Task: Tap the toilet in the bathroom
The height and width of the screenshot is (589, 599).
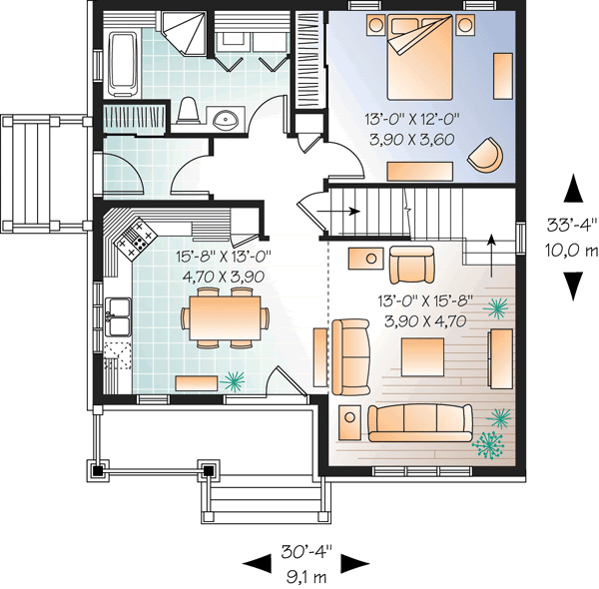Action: tap(187, 112)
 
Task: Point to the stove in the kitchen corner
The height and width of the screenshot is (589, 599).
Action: tap(135, 237)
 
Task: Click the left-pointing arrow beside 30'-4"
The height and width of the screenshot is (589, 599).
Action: tap(257, 562)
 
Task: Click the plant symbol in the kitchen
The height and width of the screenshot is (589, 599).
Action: tap(235, 379)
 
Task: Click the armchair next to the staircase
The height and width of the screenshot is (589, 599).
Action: tap(411, 266)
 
